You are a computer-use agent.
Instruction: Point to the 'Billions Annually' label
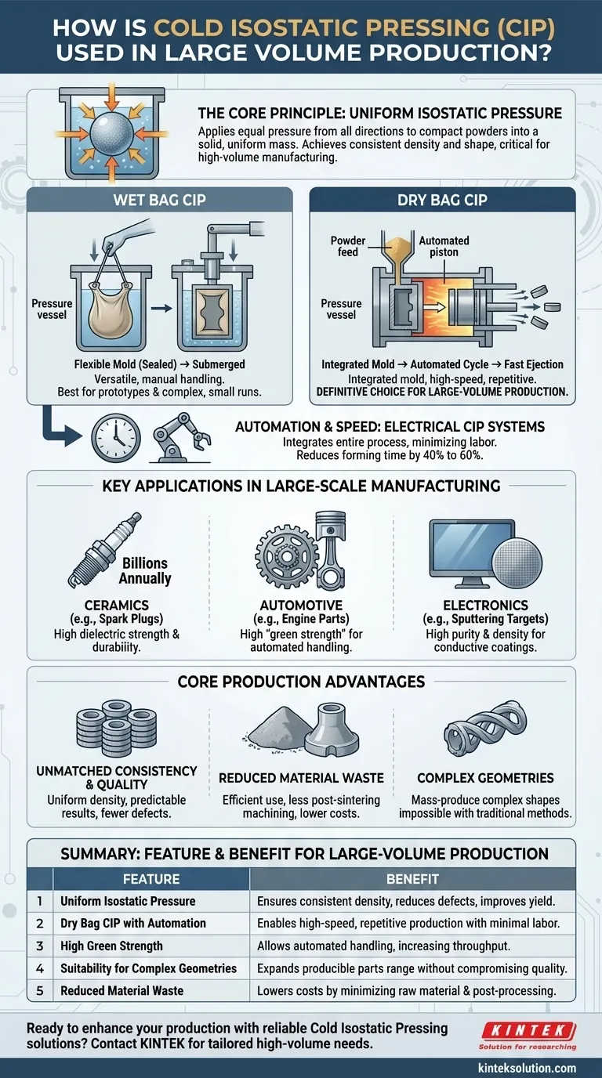[145, 571]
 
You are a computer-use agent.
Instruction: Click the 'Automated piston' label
[444, 246]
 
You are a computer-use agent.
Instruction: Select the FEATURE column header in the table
[151, 879]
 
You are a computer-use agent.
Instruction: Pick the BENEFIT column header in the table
[412, 879]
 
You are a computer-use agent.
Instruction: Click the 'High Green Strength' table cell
[111, 946]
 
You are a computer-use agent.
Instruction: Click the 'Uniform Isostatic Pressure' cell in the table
[128, 901]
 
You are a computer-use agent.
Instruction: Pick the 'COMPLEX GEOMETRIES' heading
[485, 778]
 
